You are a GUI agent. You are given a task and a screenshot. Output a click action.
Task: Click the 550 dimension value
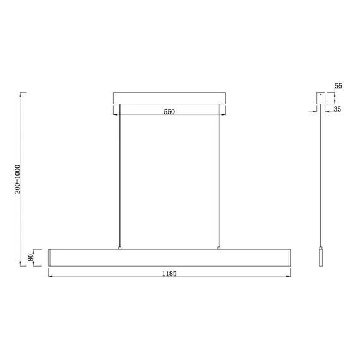[169, 111]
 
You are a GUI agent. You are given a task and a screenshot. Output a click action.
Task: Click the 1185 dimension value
[168, 273]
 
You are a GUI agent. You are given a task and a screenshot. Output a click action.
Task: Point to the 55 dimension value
[338, 85]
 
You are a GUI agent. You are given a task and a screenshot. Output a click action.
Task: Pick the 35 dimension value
[338, 109]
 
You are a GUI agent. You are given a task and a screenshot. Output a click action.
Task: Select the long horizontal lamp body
[169, 258]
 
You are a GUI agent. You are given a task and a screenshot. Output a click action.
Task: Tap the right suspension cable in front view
[219, 177]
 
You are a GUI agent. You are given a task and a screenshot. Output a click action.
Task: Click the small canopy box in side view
[321, 99]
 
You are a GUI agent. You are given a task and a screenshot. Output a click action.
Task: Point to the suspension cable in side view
[321, 177]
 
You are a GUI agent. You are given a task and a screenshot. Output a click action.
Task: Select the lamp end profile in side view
[321, 258]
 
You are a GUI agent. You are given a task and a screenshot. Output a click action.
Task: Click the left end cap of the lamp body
[51, 258]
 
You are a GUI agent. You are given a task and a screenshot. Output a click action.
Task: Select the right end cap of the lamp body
[287, 258]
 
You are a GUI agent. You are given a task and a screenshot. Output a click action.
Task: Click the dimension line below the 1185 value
[169, 278]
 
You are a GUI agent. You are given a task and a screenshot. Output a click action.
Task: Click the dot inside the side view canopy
[322, 96]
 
